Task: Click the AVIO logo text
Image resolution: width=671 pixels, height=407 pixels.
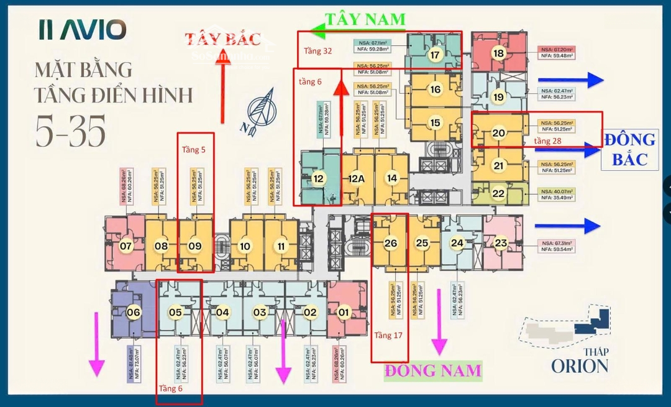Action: tap(82, 29)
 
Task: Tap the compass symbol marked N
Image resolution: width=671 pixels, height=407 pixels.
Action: tap(260, 108)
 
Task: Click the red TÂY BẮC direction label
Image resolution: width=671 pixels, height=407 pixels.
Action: tap(222, 39)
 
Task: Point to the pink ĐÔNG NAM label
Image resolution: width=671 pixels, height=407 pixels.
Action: tap(433, 371)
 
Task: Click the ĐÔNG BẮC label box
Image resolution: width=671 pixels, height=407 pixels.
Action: tap(628, 149)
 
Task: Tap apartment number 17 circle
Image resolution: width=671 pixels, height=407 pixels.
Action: tap(434, 55)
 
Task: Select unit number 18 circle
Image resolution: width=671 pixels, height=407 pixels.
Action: tap(498, 53)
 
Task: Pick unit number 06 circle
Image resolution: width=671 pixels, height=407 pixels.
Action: tap(133, 313)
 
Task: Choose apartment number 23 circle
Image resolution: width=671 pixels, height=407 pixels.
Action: tap(501, 243)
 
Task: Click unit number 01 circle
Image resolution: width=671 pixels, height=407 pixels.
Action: tap(343, 312)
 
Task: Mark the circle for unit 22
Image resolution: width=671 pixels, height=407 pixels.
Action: tap(498, 193)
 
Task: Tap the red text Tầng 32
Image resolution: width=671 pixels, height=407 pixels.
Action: tap(317, 52)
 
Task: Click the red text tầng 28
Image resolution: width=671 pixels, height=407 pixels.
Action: tap(548, 142)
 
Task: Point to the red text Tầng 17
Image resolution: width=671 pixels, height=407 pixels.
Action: tap(389, 336)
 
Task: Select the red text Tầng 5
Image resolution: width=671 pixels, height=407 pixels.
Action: tap(193, 150)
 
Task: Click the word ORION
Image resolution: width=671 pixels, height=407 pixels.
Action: tap(579, 365)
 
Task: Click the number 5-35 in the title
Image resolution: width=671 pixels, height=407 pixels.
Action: tap(70, 130)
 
